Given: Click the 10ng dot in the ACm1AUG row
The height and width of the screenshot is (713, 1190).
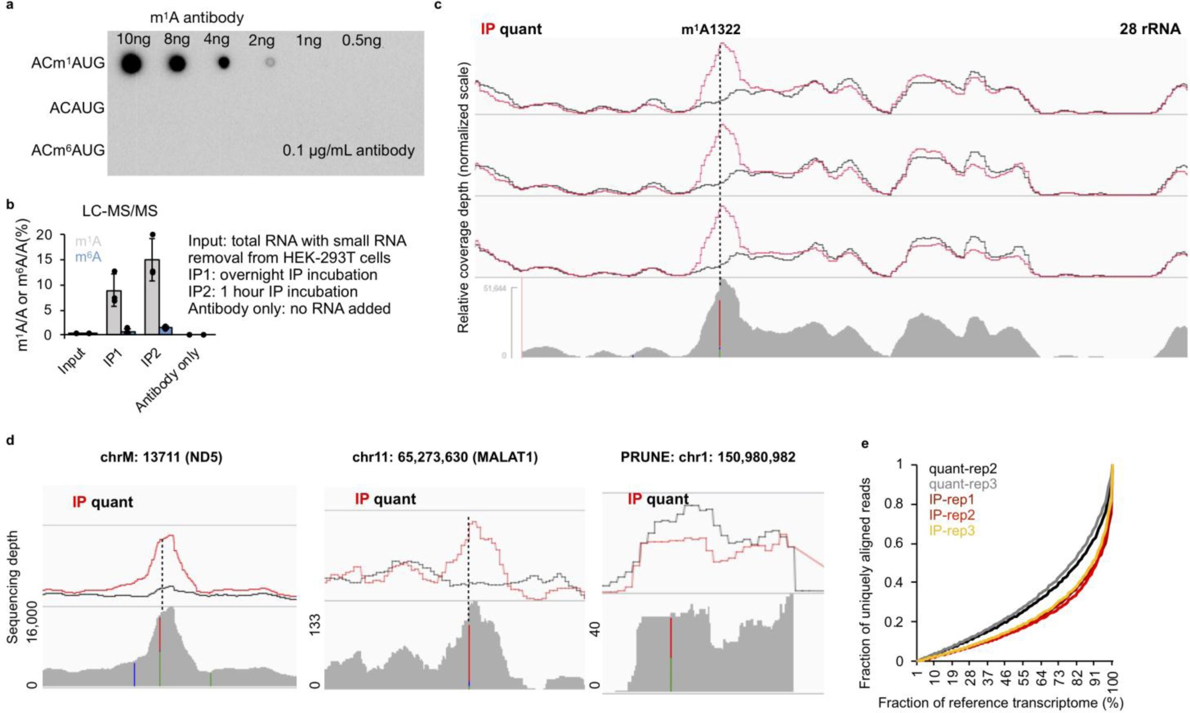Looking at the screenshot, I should pos(131,64).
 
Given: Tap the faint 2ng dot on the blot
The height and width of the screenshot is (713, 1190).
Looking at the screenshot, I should pos(269,63).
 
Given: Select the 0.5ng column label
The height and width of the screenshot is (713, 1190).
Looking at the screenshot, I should pos(361,40).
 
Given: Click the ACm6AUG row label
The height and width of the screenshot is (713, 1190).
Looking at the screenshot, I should pos(68,151).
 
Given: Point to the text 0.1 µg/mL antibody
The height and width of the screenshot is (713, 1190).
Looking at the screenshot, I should pos(348,151).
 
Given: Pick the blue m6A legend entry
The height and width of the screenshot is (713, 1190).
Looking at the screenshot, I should pos(88,257).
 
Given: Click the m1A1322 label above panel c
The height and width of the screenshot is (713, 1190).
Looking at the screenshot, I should pos(710,30).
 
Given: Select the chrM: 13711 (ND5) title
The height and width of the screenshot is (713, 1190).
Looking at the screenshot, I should pos(161,457).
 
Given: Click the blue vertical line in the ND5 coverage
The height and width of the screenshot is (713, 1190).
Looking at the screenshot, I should pos(135,674).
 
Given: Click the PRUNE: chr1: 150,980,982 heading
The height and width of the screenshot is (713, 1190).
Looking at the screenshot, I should pos(708,457).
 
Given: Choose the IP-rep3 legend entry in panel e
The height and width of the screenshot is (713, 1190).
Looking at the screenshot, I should pos(951,531).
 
